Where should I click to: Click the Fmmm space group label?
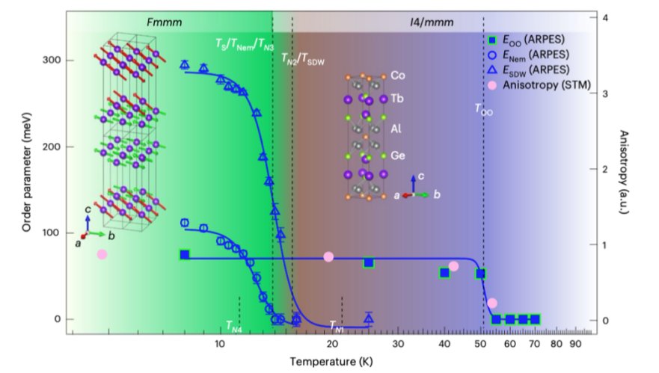[x=164, y=22]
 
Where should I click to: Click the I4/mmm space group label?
[x=432, y=22]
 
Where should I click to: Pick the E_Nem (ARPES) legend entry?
[x=528, y=55]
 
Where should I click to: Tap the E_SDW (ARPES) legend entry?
[x=529, y=70]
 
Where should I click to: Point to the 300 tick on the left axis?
[x=52, y=60]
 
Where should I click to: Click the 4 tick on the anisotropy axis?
[x=605, y=18]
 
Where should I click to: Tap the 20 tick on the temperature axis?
[x=332, y=344]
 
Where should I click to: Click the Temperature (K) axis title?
[x=331, y=361]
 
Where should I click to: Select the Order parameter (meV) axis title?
[x=26, y=172]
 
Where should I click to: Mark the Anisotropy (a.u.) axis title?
[x=624, y=172]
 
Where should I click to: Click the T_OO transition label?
[x=484, y=110]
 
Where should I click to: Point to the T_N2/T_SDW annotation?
[x=303, y=59]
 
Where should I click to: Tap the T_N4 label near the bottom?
[x=234, y=326]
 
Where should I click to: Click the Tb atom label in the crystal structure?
[x=396, y=98]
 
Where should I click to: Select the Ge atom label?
[x=398, y=155]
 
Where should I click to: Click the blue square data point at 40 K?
[x=444, y=273]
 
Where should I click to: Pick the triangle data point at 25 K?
[x=369, y=318]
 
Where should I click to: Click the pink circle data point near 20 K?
[x=328, y=256]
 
